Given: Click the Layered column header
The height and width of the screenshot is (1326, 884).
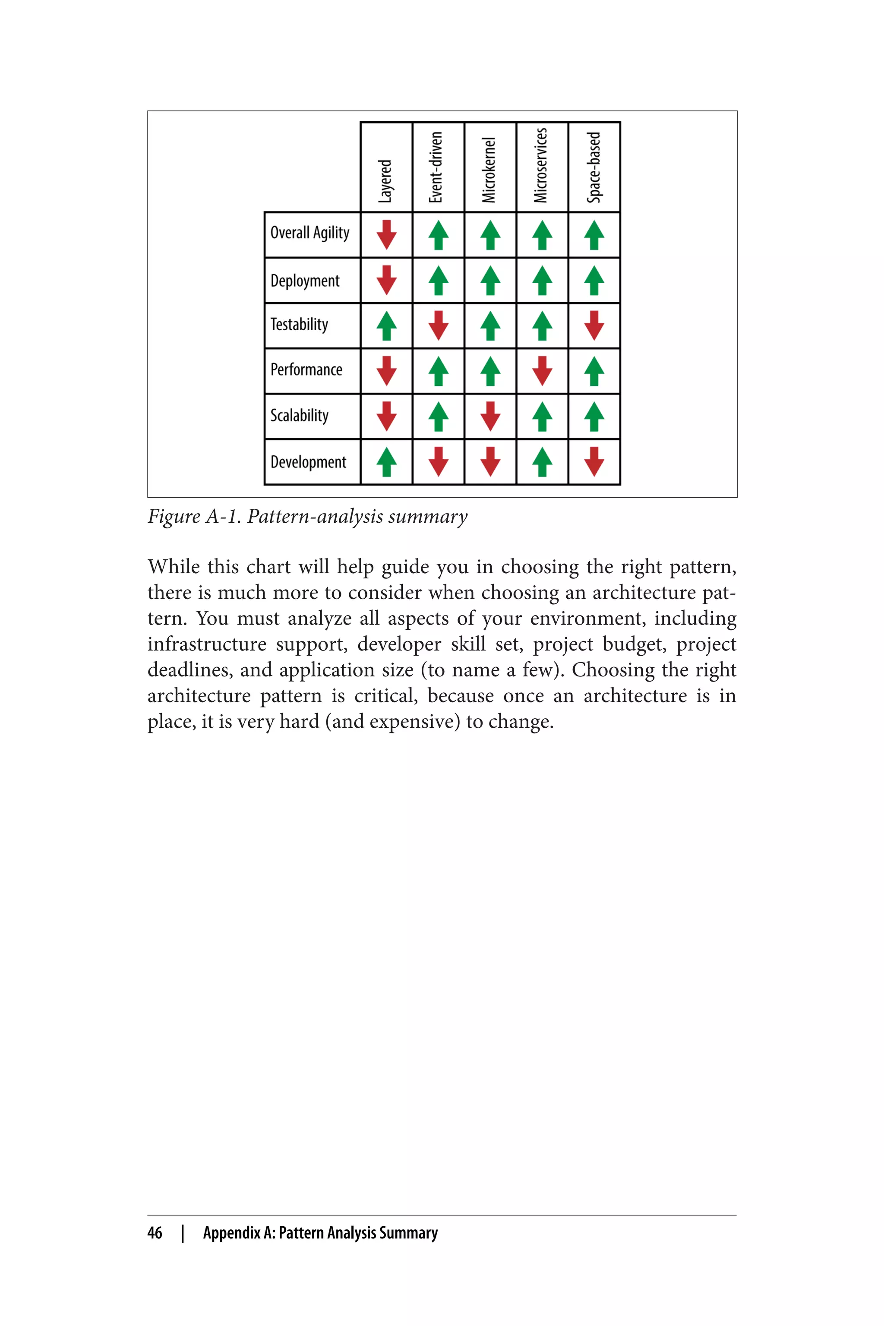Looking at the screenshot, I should tap(385, 180).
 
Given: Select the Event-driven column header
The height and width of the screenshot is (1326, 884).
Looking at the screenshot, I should tap(436, 167).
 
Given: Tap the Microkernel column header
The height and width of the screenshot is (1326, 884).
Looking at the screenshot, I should tap(489, 170).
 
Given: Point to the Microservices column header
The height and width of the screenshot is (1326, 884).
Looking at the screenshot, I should tap(541, 165).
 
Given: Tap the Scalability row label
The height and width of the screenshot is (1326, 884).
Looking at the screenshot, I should tap(300, 416).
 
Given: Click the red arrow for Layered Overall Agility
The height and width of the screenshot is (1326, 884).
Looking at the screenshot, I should tap(386, 234).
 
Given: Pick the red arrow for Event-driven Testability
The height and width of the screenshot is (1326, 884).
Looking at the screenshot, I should tap(438, 325).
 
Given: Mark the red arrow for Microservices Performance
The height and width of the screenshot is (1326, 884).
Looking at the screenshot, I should tap(542, 371).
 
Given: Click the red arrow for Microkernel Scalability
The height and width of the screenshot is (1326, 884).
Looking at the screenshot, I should tap(490, 416).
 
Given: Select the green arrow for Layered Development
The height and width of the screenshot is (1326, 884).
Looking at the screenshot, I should tap(386, 462).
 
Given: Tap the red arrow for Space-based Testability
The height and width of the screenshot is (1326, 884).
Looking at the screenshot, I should tap(594, 325).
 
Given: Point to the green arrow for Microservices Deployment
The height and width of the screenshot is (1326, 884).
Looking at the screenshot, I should tap(542, 280).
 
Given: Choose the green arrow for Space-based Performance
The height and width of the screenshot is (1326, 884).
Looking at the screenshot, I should tap(594, 371).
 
